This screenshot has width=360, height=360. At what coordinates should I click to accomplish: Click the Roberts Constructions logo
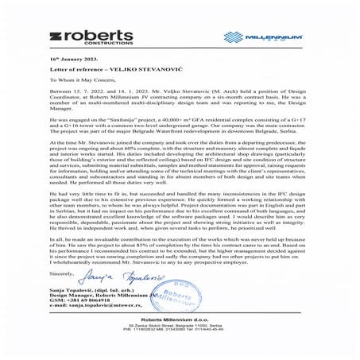pyautogui.click(x=95, y=38)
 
